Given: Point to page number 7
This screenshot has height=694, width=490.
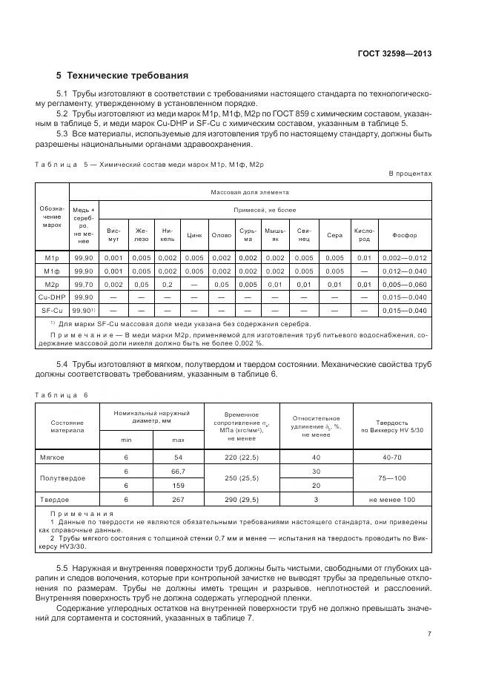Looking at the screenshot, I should (430, 634).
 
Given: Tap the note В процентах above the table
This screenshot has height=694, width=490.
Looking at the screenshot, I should (410, 173).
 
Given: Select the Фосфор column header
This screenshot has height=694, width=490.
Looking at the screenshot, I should (405, 235).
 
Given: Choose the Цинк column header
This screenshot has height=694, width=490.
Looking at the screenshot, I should (195, 235).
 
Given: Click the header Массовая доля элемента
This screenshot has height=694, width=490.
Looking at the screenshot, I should (251, 192).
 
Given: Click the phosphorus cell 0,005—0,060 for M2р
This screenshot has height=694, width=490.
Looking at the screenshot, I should (405, 284).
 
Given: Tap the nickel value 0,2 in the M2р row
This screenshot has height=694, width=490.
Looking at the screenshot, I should (168, 284).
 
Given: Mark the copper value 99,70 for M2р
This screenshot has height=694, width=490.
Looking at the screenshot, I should (82, 284).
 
